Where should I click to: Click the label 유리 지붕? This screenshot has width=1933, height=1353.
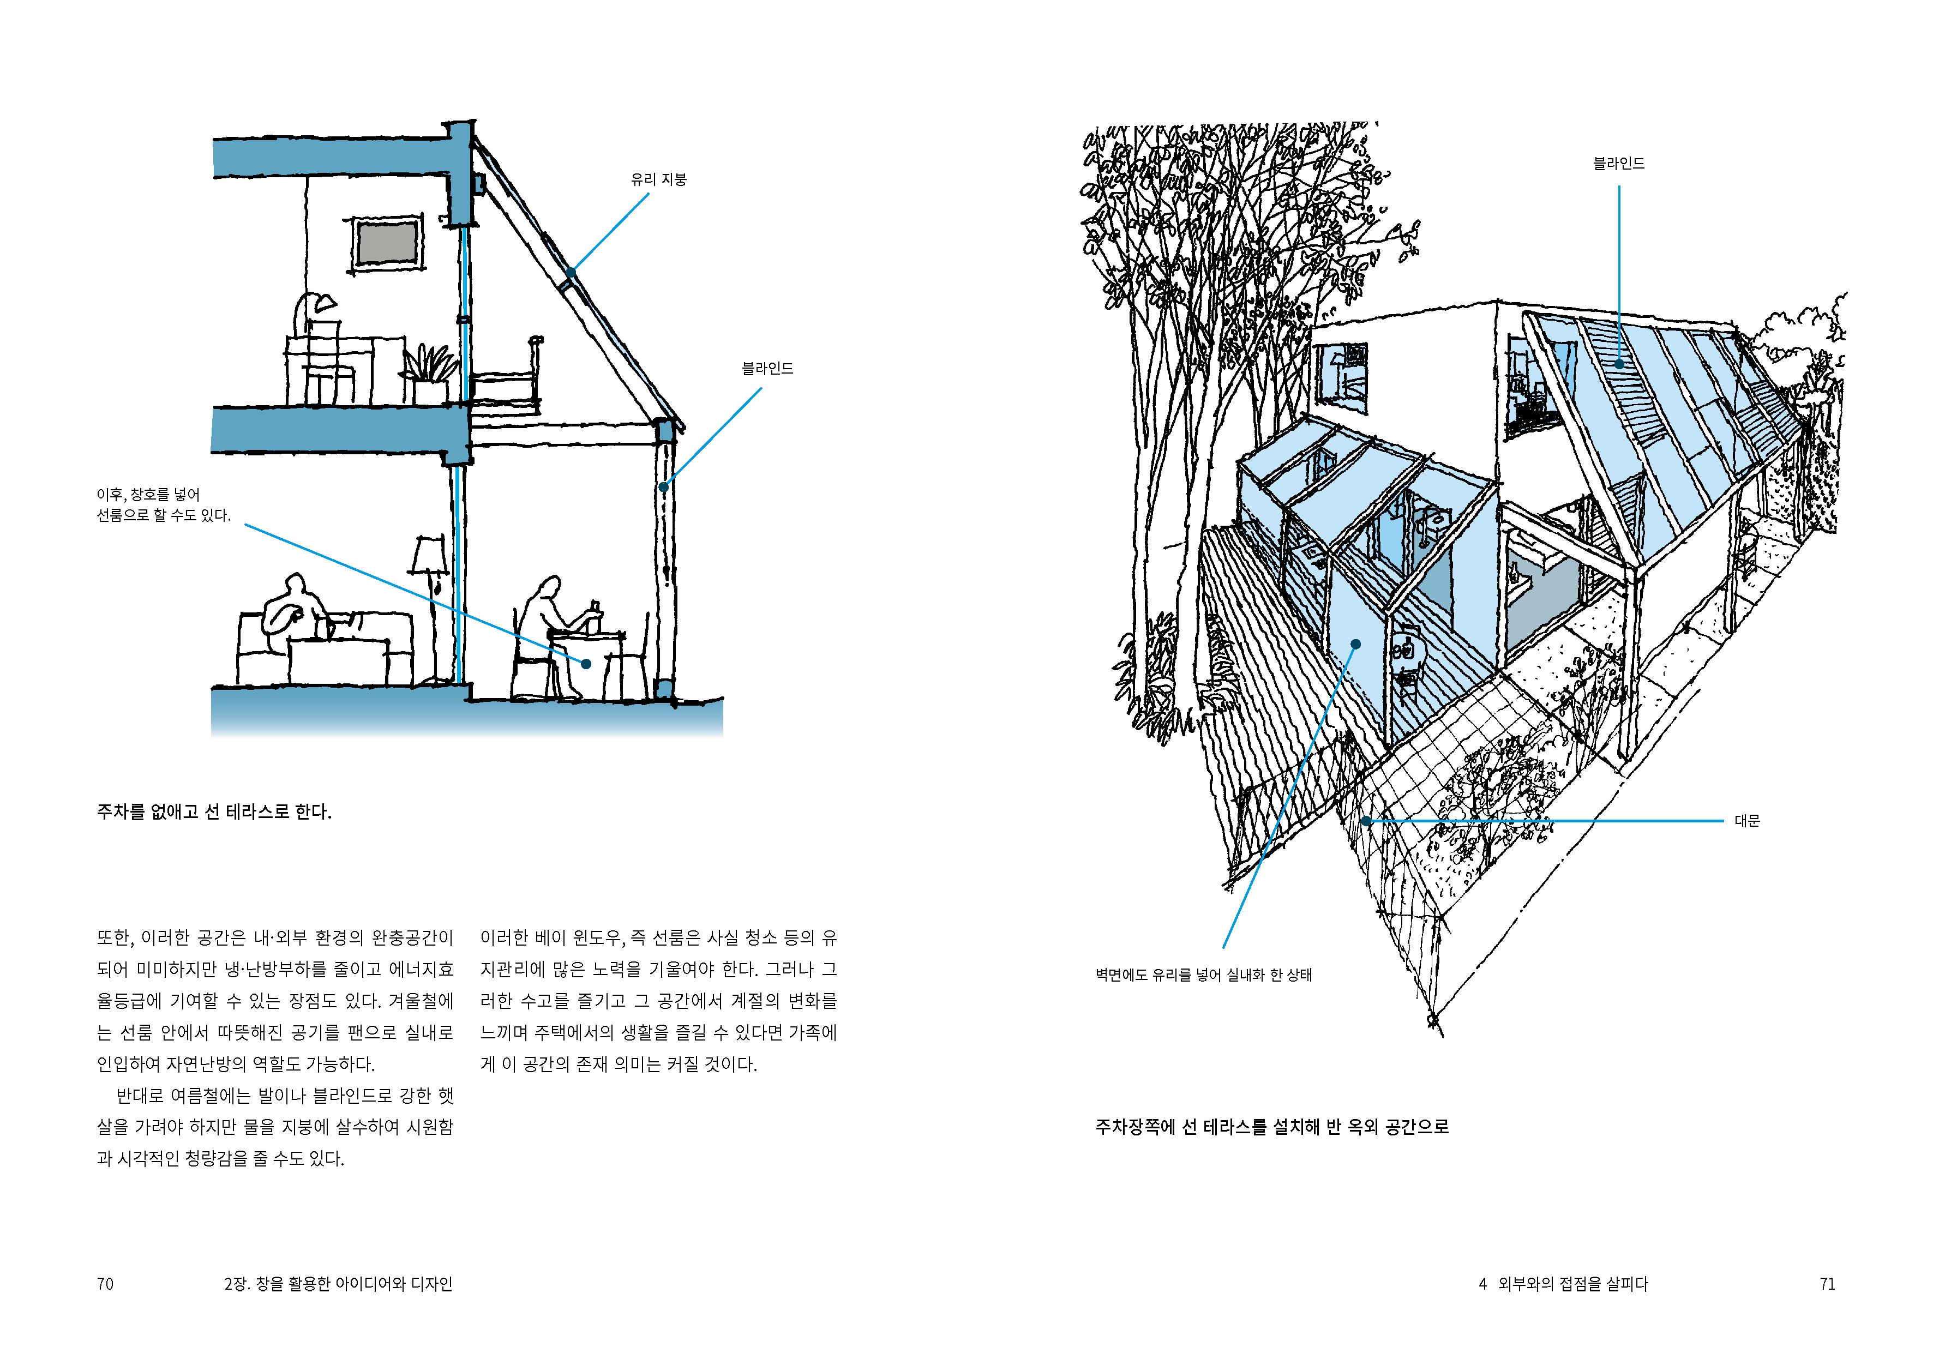point(658,179)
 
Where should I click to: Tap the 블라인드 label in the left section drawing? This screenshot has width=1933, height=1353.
point(767,369)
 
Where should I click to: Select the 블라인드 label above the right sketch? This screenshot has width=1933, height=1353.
point(1618,164)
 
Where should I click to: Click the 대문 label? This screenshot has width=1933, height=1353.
point(1747,821)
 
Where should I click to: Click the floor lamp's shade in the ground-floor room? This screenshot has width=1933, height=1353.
point(429,556)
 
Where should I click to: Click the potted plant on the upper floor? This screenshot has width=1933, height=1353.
point(431,375)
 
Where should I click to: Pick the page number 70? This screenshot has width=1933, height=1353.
point(105,1284)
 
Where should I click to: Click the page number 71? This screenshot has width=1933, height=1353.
point(1827,1284)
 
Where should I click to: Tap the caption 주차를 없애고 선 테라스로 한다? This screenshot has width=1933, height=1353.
point(214,811)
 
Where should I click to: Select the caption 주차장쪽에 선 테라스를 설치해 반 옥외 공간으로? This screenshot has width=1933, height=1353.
point(1271,1127)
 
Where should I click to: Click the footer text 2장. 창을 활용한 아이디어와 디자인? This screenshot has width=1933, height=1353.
point(339,1284)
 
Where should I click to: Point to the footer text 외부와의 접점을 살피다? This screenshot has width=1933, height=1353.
point(1572,1284)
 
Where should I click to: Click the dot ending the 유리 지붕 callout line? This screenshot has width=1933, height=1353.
point(571,273)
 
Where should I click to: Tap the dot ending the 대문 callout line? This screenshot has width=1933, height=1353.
point(1366,821)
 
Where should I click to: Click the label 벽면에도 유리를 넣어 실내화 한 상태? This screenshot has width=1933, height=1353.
point(1203,975)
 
